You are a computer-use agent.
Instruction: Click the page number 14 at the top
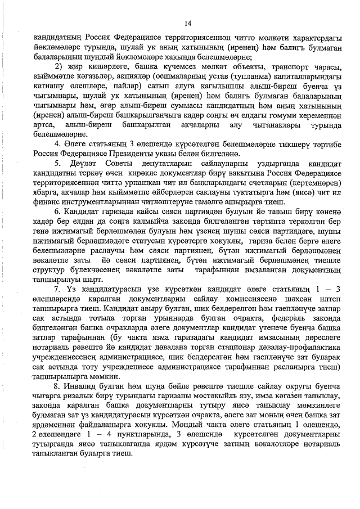click(x=188, y=23)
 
